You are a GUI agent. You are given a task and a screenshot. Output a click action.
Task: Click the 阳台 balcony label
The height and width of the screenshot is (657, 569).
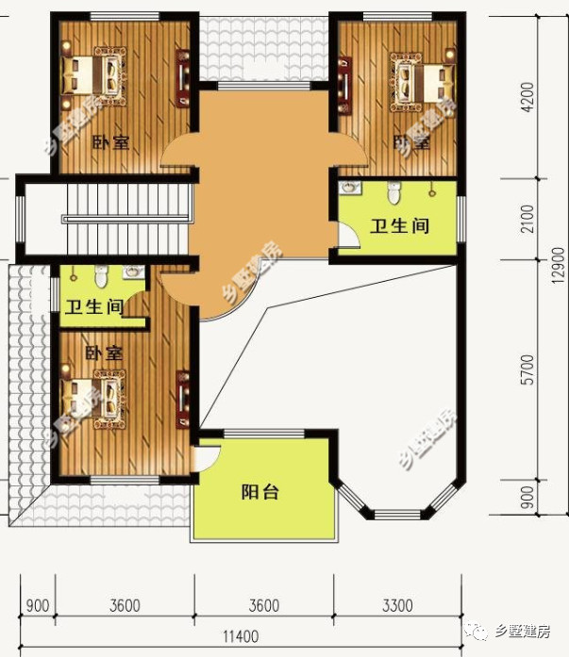click(259, 492)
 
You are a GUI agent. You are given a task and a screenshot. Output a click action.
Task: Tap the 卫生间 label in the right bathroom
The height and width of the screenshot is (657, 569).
click(399, 226)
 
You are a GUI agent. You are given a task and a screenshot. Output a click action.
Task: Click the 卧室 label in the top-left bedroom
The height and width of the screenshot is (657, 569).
click(110, 143)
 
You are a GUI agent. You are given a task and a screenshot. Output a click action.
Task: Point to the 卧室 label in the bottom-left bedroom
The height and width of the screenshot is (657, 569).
click(104, 353)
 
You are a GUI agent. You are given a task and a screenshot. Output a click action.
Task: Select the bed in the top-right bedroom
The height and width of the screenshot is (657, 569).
click(419, 82)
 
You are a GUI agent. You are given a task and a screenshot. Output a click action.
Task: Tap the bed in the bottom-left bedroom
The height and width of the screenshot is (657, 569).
click(94, 391)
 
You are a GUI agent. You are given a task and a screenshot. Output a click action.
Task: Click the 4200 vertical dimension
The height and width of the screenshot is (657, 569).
click(527, 98)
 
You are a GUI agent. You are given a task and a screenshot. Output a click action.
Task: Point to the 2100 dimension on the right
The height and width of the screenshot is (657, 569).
click(527, 220)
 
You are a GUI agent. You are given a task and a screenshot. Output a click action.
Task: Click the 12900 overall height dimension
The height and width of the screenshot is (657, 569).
click(559, 259)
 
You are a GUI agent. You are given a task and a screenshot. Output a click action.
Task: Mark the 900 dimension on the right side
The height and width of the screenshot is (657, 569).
click(527, 495)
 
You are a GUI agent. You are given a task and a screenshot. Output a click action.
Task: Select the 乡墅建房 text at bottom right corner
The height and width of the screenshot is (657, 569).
click(531, 632)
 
